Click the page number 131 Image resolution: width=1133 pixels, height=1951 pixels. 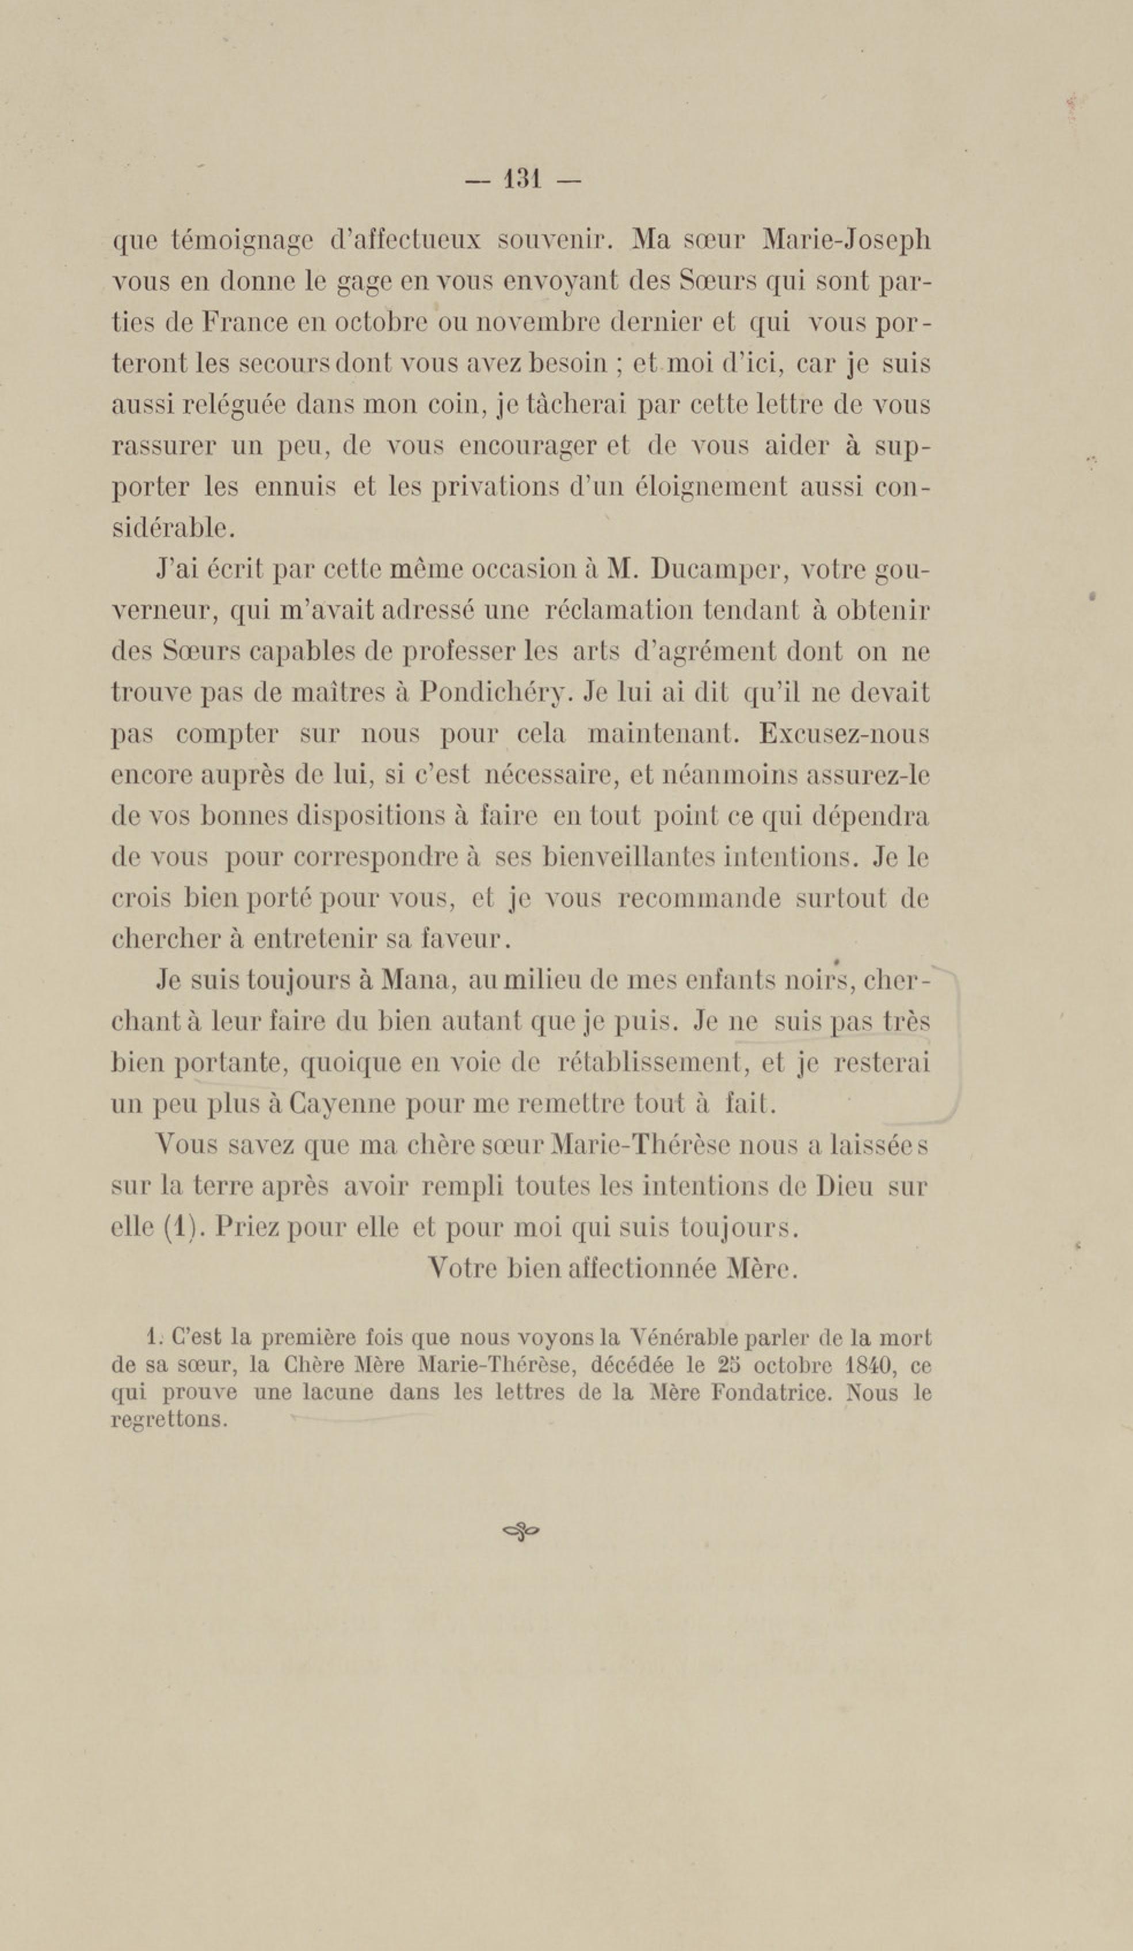coord(522,180)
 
